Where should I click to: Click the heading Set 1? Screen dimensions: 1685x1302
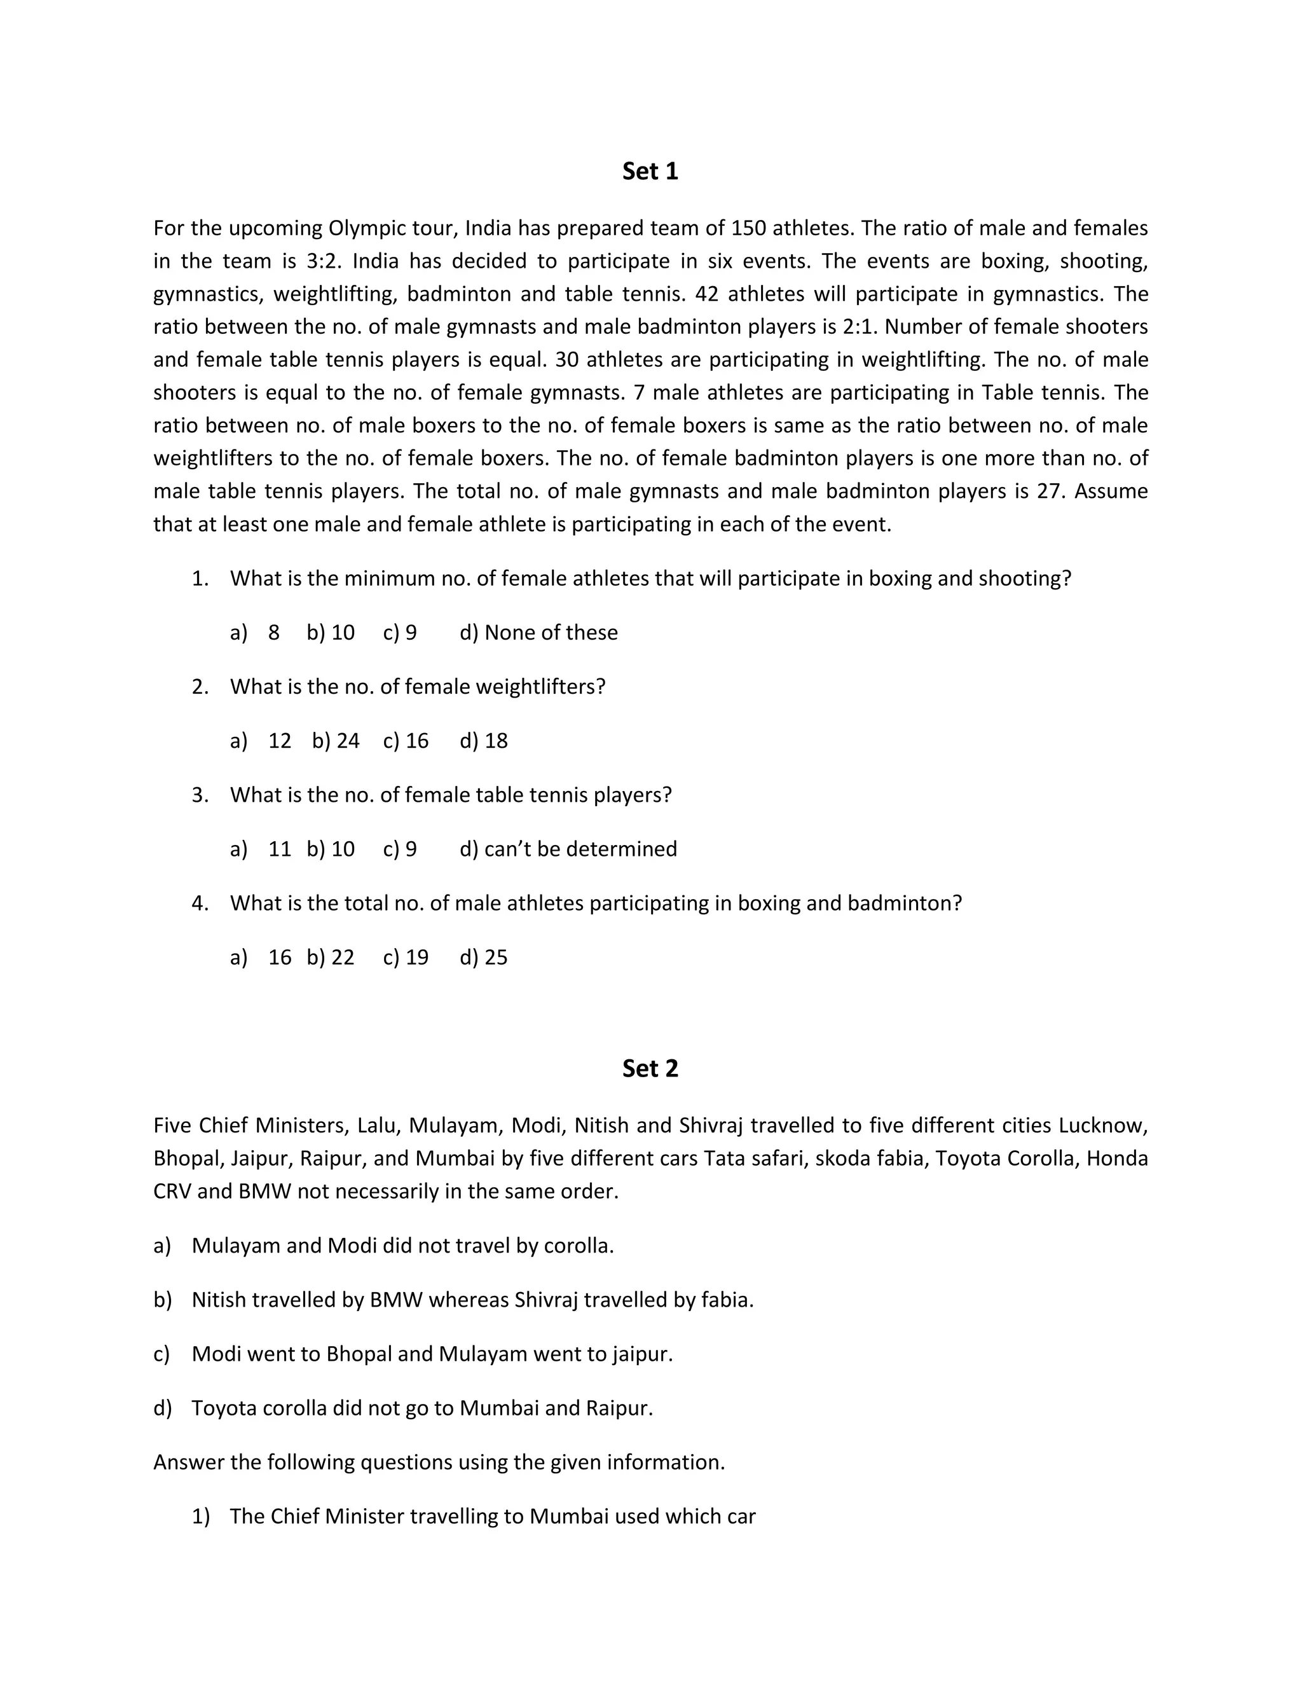tap(650, 171)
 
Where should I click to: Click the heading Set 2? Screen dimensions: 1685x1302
tap(650, 1069)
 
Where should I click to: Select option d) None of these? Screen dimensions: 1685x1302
tap(538, 633)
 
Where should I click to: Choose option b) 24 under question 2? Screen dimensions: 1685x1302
tap(336, 741)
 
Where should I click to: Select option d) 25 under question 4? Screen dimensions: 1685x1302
tap(484, 958)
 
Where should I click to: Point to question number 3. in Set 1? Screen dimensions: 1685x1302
tap(200, 795)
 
